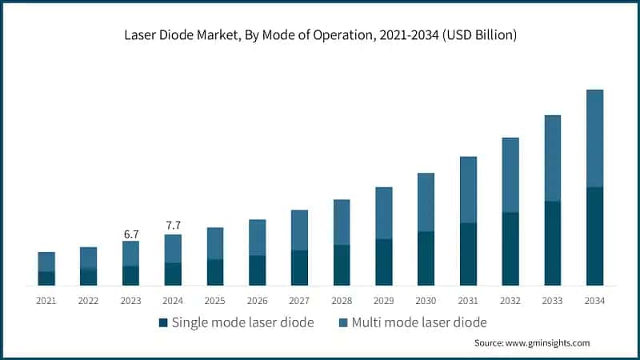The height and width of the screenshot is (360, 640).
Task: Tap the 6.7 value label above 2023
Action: pos(130,234)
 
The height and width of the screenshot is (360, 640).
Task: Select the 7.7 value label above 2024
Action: pos(173,226)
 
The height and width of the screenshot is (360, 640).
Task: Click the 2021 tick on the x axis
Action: pos(46,300)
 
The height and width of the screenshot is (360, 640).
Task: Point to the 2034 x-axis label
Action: pos(594,300)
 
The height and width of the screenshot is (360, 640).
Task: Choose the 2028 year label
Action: pos(342,300)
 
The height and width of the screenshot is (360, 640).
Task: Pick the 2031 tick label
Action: pos(468,300)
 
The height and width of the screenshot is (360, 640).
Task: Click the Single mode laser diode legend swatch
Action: pos(164,322)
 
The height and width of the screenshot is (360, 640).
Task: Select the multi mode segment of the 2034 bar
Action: pos(594,138)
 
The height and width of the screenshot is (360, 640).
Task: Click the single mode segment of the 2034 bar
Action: pos(594,236)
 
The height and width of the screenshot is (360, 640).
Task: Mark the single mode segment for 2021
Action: pos(46,278)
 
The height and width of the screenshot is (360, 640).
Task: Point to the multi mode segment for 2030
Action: pos(426,202)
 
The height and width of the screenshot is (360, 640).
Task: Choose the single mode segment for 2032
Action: pos(510,249)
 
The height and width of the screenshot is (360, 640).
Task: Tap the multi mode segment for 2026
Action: pos(257,238)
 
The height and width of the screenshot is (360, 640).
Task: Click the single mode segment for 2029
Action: pos(384,262)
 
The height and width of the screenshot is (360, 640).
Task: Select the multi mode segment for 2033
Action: pos(552,158)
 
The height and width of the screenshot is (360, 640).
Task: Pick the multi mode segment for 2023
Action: pos(130,254)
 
